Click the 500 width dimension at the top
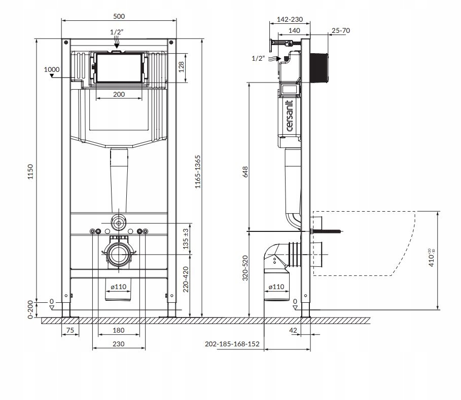tap(119, 16)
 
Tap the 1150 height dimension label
tap(30, 172)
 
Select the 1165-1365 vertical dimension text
tap(198, 172)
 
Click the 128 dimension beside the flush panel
tap(181, 67)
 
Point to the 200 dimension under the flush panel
tap(119, 94)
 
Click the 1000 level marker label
tap(52, 69)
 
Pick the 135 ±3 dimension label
tap(186, 239)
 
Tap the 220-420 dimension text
tap(186, 279)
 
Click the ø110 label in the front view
tap(119, 287)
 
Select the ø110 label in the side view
tap(276, 287)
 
